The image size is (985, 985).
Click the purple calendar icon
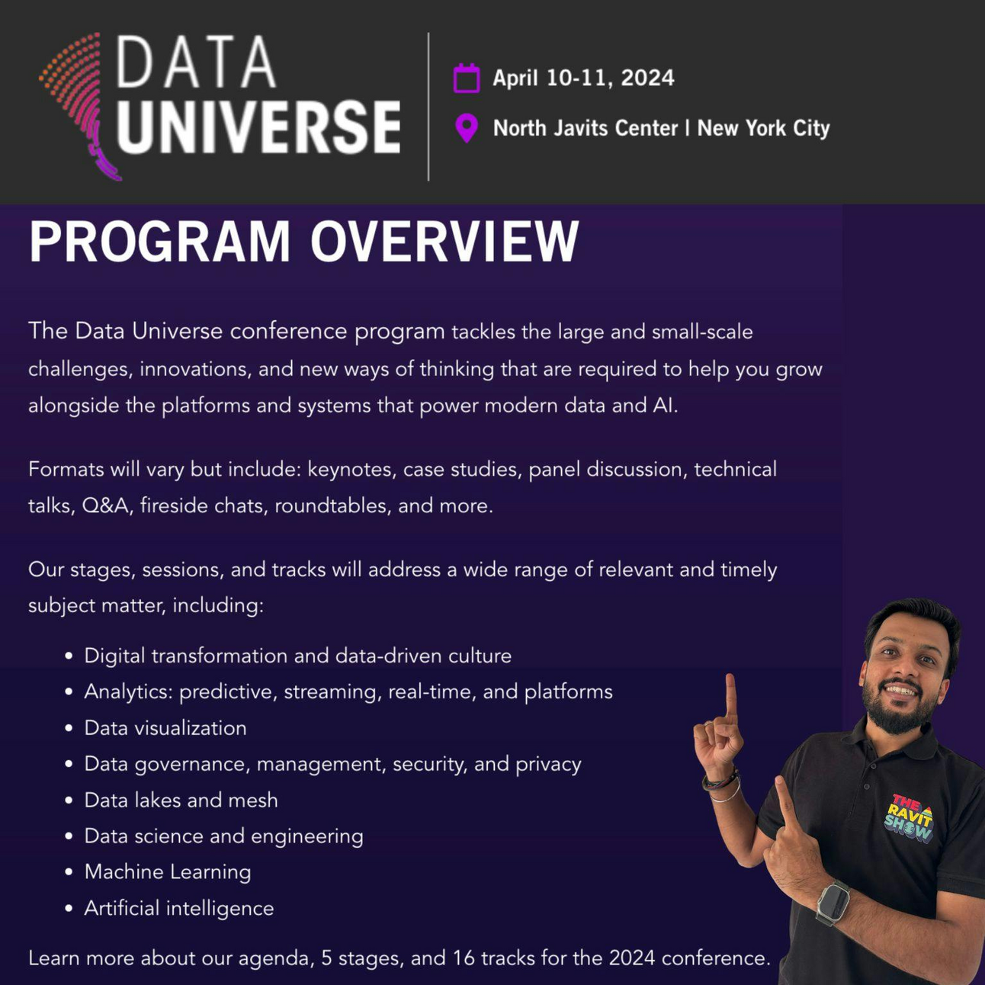click(467, 79)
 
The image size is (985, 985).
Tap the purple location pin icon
click(467, 128)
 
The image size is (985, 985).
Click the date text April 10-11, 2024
click(583, 78)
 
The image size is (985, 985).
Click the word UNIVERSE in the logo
click(258, 127)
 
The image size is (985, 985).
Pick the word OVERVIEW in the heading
click(444, 242)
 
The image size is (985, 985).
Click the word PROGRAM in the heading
click(160, 242)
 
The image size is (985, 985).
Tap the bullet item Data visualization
click(165, 728)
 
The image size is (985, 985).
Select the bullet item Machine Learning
click(168, 871)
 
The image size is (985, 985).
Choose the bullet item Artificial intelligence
click(179, 908)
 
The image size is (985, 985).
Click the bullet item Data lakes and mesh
click(181, 800)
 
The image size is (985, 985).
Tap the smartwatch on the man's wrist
click(833, 903)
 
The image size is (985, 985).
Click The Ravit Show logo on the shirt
click(909, 818)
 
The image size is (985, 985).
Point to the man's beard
click(900, 713)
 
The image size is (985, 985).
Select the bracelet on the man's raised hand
click(721, 785)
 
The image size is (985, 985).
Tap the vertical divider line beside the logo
click(428, 107)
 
